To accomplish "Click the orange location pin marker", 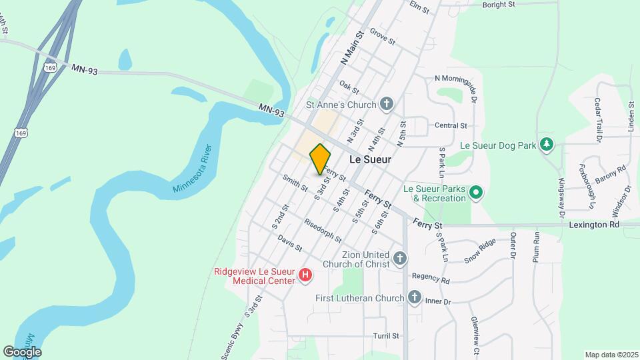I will click(320, 159).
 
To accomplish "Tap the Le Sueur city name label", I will click(370, 160).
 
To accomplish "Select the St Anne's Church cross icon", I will click(386, 104).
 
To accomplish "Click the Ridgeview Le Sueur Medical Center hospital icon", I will click(305, 275).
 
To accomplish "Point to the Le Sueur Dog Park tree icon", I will click(547, 144).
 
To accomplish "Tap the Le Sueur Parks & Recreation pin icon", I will click(475, 193).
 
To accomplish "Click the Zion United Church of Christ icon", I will click(399, 258).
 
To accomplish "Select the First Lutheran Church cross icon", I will click(414, 297).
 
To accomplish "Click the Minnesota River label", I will click(192, 169).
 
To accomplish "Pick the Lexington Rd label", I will click(594, 225).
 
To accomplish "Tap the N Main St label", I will click(351, 47).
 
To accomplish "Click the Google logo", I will click(21, 352).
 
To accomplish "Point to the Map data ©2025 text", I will click(611, 355).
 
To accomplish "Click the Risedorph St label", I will click(322, 230).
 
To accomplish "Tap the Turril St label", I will click(386, 336).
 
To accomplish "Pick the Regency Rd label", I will click(431, 277).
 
